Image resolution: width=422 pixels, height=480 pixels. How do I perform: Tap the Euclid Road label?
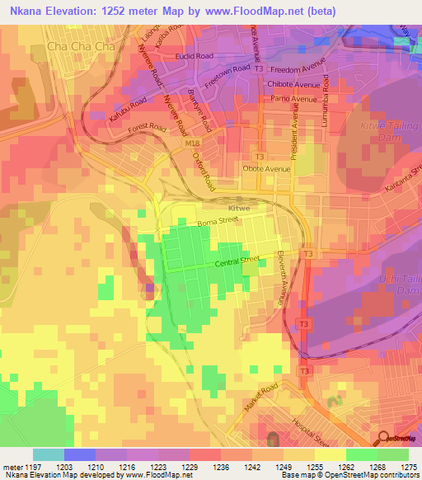point(194,56)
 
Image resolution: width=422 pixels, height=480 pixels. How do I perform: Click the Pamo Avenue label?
point(295,99)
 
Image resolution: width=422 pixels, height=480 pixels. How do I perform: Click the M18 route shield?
point(192,144)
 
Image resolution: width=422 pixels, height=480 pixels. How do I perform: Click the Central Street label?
point(237,262)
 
